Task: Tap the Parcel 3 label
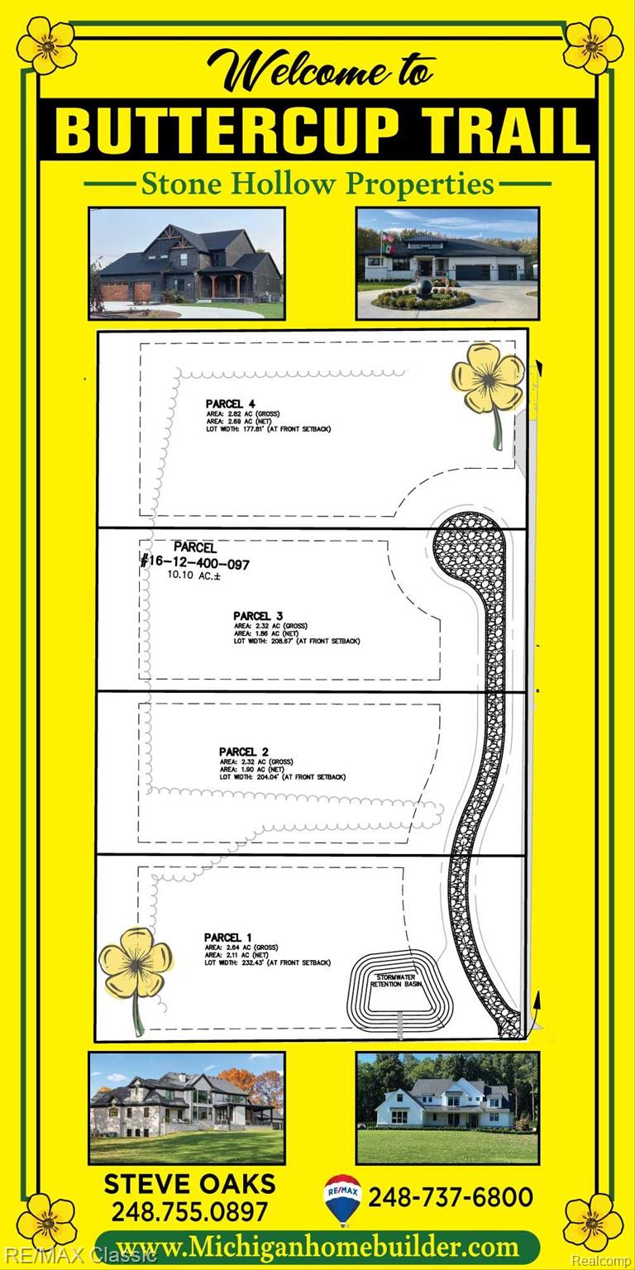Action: [x=258, y=616]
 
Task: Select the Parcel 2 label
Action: [x=244, y=752]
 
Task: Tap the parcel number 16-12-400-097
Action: [x=195, y=563]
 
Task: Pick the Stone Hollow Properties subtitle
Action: [x=317, y=183]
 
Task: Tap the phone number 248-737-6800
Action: [x=450, y=1196]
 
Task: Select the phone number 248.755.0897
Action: [x=189, y=1211]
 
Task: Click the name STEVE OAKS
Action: [x=189, y=1183]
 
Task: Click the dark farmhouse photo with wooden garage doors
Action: [x=187, y=263]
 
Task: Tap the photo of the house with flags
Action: [x=447, y=263]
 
